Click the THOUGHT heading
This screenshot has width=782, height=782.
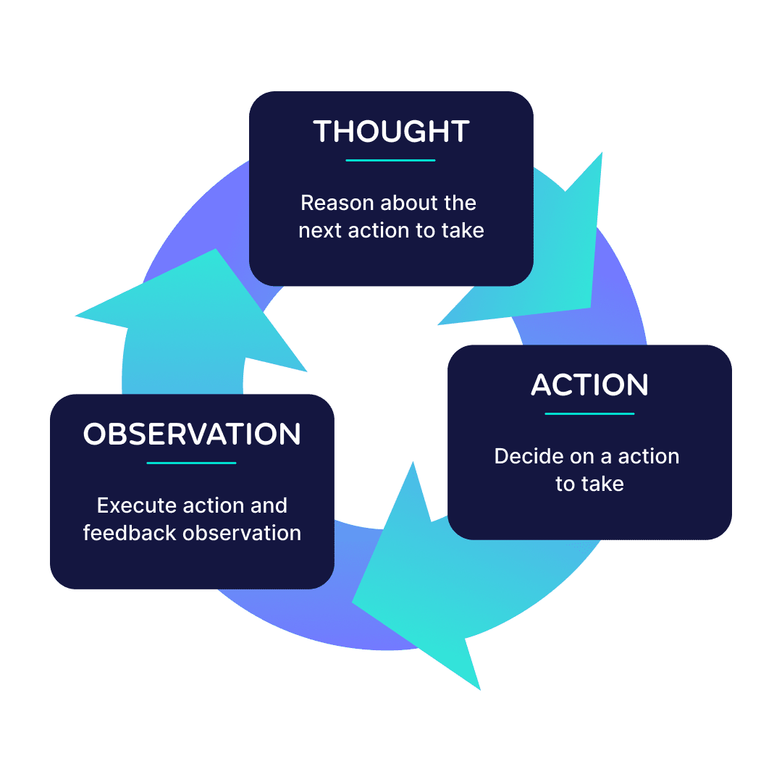[x=391, y=131]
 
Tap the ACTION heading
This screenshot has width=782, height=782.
[x=589, y=384]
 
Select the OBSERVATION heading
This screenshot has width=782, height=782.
[x=192, y=434]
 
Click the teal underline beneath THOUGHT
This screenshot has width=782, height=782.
[x=390, y=160]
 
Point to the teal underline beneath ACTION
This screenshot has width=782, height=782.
[x=589, y=413]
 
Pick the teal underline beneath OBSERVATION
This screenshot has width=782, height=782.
[x=191, y=463]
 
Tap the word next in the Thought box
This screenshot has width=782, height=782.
[x=320, y=231]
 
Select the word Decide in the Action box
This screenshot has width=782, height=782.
[x=529, y=456]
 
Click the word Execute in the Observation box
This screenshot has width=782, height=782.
[x=137, y=505]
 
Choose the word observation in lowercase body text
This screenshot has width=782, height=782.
[x=242, y=533]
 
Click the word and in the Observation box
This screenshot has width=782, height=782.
[x=269, y=505]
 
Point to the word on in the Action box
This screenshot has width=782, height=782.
[x=582, y=456]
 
